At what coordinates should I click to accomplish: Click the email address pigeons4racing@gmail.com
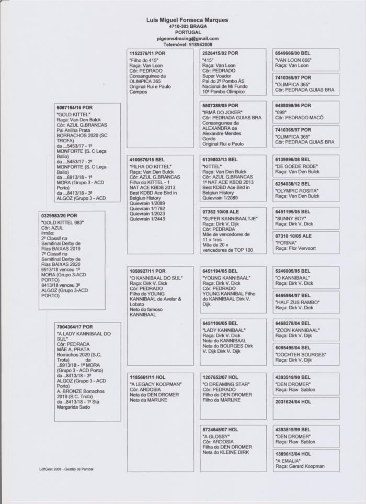click(x=188, y=39)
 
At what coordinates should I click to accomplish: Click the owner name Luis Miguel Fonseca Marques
click(x=187, y=20)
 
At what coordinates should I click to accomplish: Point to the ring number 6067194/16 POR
click(x=75, y=107)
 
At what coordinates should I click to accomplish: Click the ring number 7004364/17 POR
click(x=75, y=327)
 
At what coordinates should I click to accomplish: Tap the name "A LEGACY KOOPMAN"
click(x=155, y=384)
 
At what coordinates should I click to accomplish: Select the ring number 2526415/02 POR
click(x=220, y=53)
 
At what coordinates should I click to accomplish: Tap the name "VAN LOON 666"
click(x=293, y=60)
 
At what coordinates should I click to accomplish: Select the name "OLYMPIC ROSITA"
click(x=296, y=191)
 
